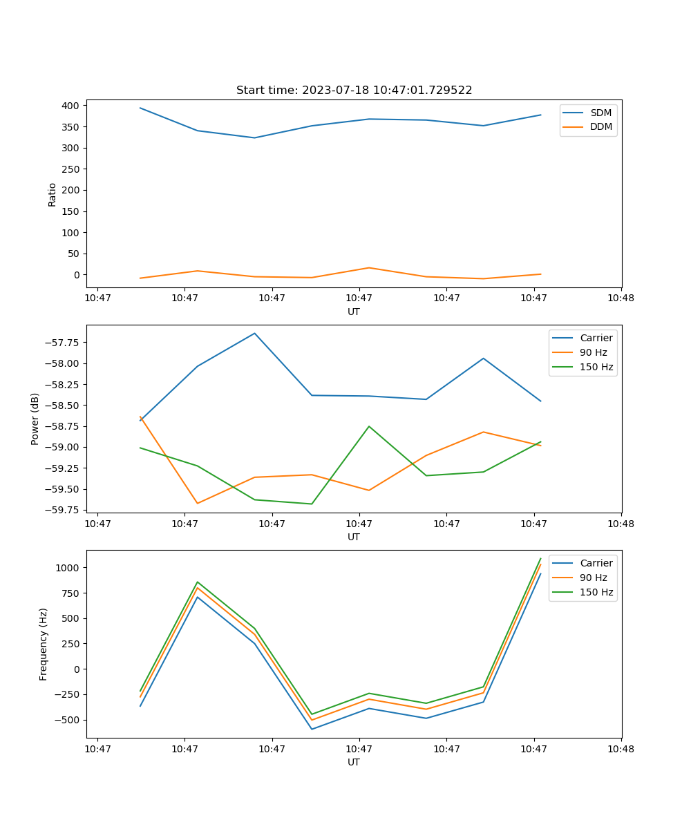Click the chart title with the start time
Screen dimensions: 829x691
(x=354, y=90)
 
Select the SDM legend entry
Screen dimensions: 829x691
(x=600, y=113)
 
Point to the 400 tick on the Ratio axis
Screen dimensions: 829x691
(x=70, y=106)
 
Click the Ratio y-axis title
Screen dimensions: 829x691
(x=53, y=194)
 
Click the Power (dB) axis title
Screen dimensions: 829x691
(x=35, y=419)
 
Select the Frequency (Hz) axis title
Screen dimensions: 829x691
(x=44, y=644)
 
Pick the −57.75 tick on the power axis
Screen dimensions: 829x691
(x=64, y=343)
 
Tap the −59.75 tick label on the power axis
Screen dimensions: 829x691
(x=64, y=510)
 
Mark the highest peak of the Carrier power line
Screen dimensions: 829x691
(x=254, y=333)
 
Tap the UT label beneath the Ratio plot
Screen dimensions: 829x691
(x=354, y=312)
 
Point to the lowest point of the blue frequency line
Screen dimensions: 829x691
(x=312, y=729)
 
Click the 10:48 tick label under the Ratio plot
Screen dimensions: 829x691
(x=621, y=298)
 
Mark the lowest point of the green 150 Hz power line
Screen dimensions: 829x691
(x=312, y=504)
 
